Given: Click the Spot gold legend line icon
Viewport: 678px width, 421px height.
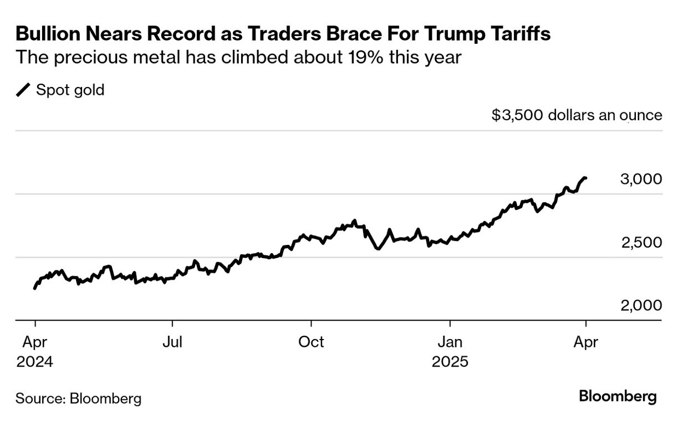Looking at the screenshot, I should click(24, 90).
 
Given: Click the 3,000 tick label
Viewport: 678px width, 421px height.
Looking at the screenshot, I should click(641, 179).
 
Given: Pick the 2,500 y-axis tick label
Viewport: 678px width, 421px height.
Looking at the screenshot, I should click(641, 243).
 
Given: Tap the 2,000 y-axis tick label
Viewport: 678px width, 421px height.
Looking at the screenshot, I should click(641, 306).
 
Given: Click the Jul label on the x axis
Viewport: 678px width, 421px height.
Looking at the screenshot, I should click(172, 342).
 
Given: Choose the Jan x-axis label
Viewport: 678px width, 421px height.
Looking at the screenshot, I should click(450, 342).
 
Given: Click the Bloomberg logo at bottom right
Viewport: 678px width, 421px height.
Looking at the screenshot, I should click(618, 397).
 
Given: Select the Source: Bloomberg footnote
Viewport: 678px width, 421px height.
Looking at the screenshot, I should click(78, 398).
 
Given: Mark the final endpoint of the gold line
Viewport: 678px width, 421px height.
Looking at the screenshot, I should click(586, 178).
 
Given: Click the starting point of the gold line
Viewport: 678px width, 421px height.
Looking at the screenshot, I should click(35, 288).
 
